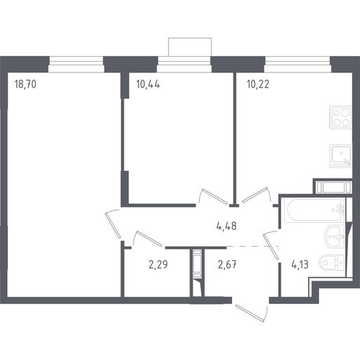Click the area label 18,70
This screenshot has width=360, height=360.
click(25, 84)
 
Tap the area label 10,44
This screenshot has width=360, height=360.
click(148, 84)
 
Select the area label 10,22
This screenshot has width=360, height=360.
click(258, 84)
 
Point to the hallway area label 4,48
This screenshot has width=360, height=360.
click(226, 226)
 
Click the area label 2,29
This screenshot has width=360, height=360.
click(158, 264)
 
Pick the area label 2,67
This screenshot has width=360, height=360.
click(227, 264)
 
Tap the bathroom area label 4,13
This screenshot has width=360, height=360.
click(300, 264)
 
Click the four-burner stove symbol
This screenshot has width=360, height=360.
click(340, 117)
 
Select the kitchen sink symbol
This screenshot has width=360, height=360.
click(340, 156)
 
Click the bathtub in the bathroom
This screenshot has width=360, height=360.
click(314, 210)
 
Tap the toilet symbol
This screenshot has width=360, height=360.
click(331, 262)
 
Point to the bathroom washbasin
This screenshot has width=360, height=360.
click(335, 237)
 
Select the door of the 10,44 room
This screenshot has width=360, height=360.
click(214, 196)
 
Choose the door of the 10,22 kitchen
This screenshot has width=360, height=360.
click(257, 195)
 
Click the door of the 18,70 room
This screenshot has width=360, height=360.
click(113, 224)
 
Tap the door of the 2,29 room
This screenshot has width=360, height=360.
click(147, 238)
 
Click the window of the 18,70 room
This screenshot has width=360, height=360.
click(77, 65)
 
